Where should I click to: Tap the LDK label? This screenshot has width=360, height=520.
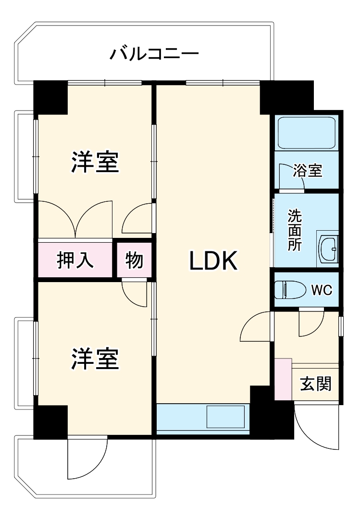[x=213, y=261]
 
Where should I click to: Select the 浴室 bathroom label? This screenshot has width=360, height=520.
[x=308, y=170]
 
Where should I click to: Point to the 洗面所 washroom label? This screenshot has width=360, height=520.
[x=294, y=230]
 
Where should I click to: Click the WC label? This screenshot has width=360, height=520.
[x=321, y=290]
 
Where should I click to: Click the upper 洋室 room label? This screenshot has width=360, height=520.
[x=95, y=162]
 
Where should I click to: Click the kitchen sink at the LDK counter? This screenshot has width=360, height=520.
[x=226, y=416]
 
